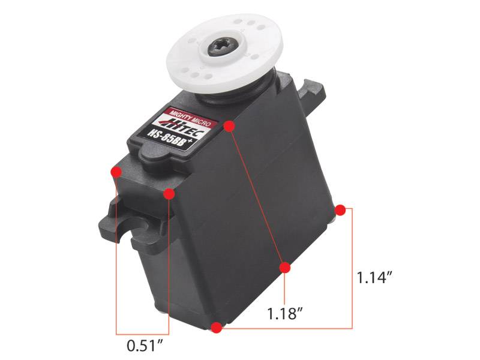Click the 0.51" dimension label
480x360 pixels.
coord(145,346)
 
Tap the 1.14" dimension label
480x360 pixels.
coord(374,278)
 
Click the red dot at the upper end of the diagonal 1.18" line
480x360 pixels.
coord(229,126)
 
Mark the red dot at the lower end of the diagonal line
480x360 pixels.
coord(285,267)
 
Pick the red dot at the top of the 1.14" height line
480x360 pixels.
coord(340,209)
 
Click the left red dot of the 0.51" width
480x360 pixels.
coord(116,172)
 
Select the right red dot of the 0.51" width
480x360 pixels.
coord(169,194)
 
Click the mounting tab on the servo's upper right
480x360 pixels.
coord(314,89)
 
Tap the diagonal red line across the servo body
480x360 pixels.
coord(257,196)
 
